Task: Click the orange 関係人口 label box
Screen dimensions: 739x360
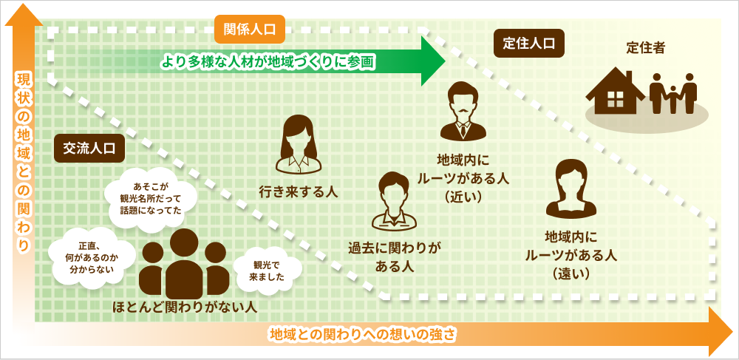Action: click(249, 30)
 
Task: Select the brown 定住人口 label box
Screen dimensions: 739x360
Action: click(528, 44)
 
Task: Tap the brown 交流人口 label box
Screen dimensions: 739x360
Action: click(89, 148)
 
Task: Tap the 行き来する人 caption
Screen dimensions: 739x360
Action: click(298, 192)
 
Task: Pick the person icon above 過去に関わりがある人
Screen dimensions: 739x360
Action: click(392, 200)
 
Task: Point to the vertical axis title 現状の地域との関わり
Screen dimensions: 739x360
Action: click(24, 163)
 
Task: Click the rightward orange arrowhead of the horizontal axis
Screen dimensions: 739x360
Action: click(718, 332)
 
